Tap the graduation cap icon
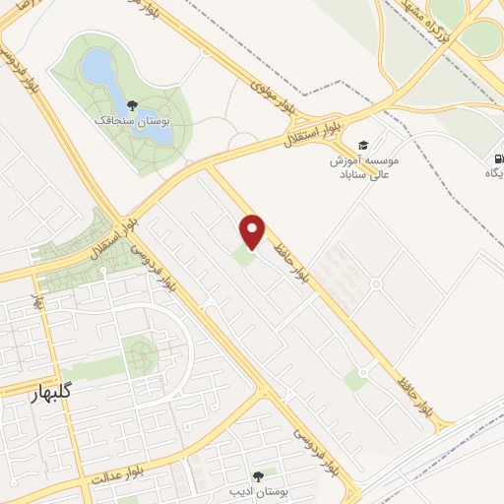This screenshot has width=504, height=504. pyautogui.click(x=362, y=146)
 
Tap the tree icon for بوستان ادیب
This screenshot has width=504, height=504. pyautogui.click(x=259, y=474)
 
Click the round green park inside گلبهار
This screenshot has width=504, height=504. pyautogui.click(x=142, y=353)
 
